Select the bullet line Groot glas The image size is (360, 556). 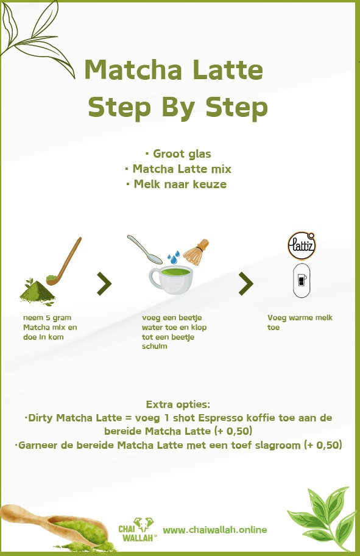(178, 153)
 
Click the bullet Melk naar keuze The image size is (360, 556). (180, 184)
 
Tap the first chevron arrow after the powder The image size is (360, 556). (104, 283)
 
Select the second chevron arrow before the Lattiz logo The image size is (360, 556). (245, 283)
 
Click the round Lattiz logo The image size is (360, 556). (302, 246)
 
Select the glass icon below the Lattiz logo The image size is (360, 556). (302, 281)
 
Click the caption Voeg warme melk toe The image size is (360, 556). (300, 323)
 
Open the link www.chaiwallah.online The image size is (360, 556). (215, 529)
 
